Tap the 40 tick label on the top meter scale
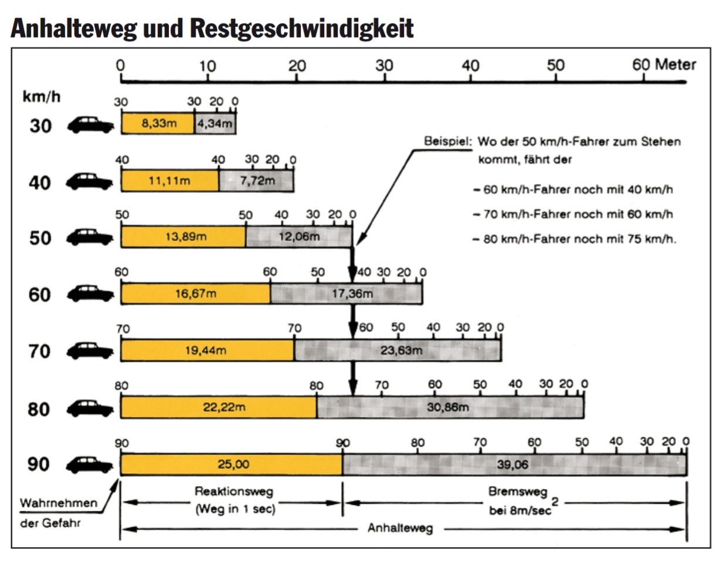click(470, 66)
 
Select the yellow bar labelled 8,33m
click(158, 124)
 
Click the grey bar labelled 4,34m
click(215, 124)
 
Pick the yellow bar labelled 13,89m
click(184, 237)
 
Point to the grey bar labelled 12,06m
click(299, 237)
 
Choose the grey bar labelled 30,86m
click(450, 407)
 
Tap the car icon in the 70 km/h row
click(90, 351)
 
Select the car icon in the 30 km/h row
click(90, 125)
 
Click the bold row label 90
click(39, 464)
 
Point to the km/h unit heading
click(41, 97)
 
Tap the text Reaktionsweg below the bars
click(234, 491)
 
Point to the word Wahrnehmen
click(59, 503)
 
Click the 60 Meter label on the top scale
click(663, 65)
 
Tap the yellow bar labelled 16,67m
click(195, 294)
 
